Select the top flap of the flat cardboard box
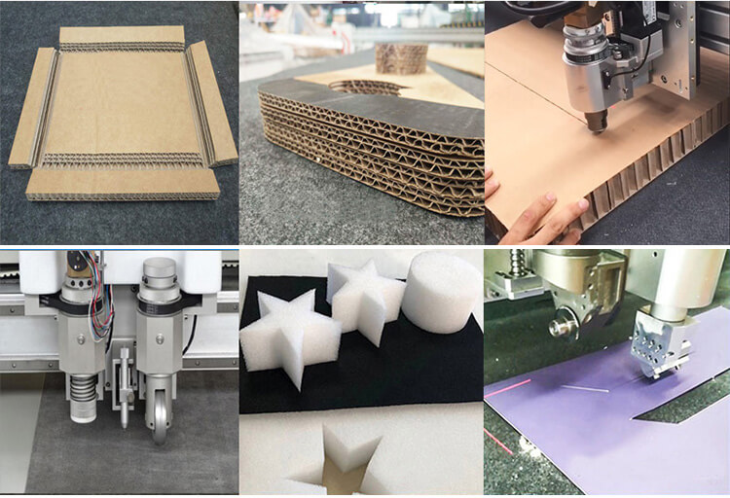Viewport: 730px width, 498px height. (123, 37)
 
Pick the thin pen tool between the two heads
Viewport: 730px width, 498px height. (124, 399)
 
